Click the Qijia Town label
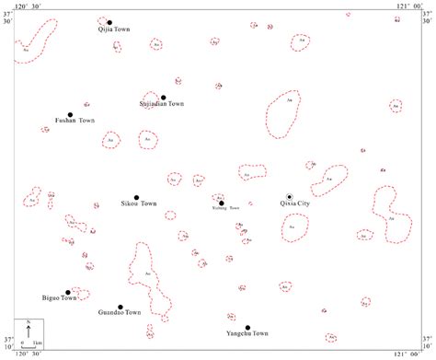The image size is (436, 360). point(114,30)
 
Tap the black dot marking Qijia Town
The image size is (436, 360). point(109,22)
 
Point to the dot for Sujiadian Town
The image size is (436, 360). point(164,98)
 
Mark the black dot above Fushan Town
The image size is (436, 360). point(70,115)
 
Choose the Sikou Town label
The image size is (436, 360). point(139,203)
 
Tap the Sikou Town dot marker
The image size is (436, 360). point(136,197)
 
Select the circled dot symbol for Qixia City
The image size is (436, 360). point(289,197)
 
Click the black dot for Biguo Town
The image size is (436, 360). point(68,292)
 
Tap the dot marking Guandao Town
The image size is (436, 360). point(120,308)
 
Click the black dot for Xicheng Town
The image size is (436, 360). point(221,203)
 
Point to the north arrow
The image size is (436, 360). point(29,327)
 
